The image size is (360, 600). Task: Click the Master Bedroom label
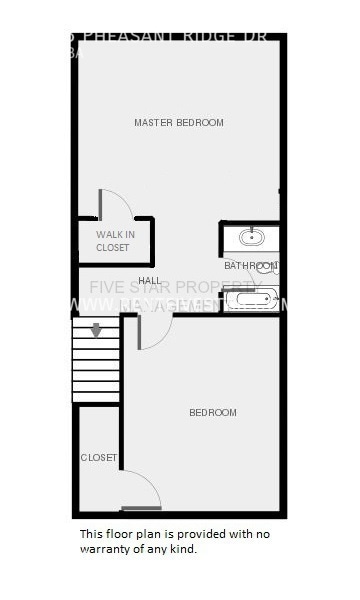(x=179, y=123)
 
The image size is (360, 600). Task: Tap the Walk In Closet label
(x=113, y=241)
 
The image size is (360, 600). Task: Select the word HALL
(x=150, y=281)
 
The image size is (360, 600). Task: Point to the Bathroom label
(x=249, y=266)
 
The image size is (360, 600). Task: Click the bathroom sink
(x=250, y=238)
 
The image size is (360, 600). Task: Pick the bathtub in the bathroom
(x=250, y=298)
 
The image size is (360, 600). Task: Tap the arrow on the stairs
(x=97, y=330)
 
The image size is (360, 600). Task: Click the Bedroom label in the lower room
(x=213, y=413)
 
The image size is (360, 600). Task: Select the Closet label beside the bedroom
(x=99, y=458)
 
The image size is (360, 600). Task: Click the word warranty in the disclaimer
(x=106, y=549)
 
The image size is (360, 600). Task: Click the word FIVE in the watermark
(x=107, y=287)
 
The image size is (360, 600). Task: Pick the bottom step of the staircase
(x=96, y=395)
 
